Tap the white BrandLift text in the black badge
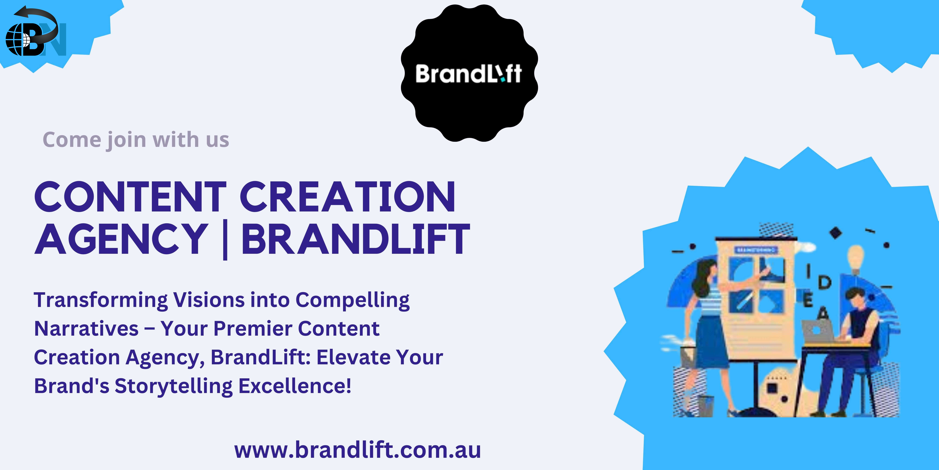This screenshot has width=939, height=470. (469, 74)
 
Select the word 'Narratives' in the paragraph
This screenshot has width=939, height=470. (86, 328)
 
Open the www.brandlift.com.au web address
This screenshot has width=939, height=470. (358, 450)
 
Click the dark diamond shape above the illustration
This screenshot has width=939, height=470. (836, 233)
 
